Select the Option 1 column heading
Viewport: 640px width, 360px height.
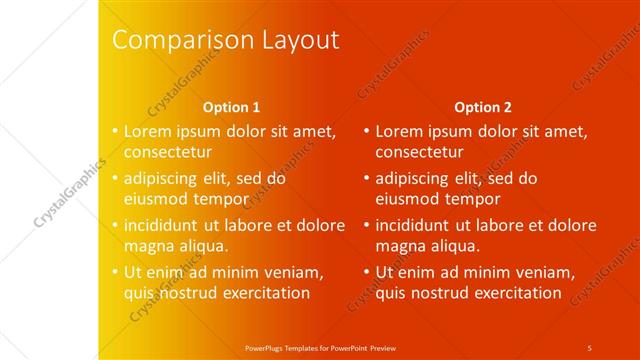point(231,107)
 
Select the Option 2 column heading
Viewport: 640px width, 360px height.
point(483,107)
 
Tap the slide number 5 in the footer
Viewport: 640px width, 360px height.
point(589,348)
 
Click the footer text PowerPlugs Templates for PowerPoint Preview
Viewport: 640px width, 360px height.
point(321,348)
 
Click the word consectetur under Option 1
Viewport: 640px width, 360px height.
point(168,153)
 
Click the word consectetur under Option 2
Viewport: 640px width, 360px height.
point(419,153)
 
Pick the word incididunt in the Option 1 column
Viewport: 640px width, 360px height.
point(165,225)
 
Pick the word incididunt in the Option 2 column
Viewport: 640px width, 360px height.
point(416,225)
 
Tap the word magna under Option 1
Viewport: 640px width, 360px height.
point(149,245)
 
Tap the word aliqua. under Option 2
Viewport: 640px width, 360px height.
point(455,245)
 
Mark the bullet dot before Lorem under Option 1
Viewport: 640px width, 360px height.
point(115,131)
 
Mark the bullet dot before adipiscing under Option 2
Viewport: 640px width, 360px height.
point(367,178)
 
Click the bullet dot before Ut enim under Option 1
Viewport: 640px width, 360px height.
point(115,271)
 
